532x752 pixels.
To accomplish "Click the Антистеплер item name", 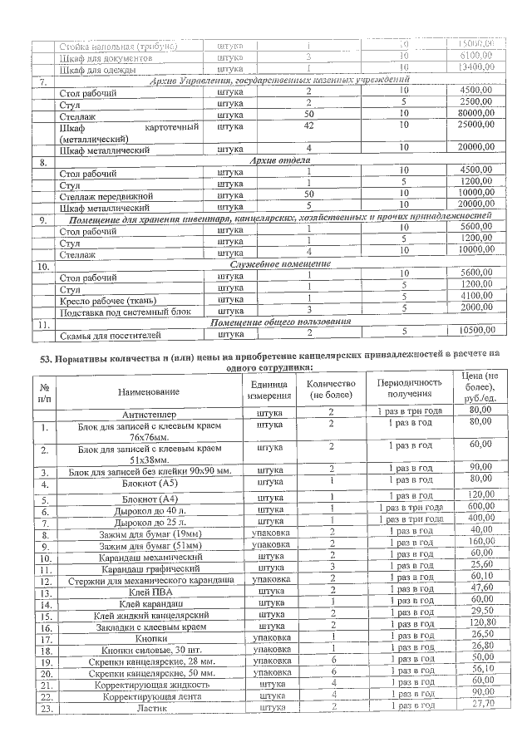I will (149, 413).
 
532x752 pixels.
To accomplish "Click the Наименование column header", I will (149, 391).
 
